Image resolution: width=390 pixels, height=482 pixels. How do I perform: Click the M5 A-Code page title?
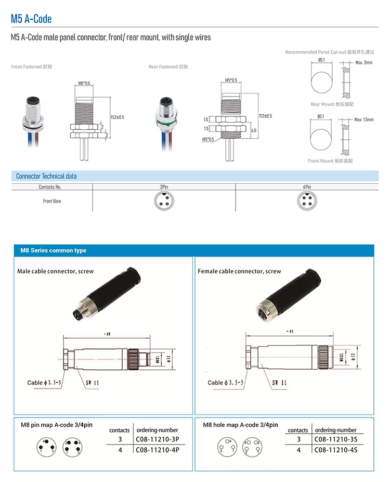click(31, 19)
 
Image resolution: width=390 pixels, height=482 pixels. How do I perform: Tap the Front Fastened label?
click(32, 66)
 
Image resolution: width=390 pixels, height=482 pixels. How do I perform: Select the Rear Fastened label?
click(168, 66)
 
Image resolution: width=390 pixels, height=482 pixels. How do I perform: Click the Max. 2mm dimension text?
click(364, 62)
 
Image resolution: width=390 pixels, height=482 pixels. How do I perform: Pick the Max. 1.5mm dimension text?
click(364, 119)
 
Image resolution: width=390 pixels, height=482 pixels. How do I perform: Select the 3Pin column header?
click(164, 186)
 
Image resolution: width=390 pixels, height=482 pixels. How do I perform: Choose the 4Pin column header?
click(307, 186)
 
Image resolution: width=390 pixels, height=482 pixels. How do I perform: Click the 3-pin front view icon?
click(164, 200)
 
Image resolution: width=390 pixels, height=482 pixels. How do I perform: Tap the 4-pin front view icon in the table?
click(307, 200)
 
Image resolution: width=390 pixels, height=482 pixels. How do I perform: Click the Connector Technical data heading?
click(46, 176)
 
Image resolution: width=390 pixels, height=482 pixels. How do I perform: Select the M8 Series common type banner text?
click(53, 250)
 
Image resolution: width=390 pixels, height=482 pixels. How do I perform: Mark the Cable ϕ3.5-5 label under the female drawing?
click(226, 383)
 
